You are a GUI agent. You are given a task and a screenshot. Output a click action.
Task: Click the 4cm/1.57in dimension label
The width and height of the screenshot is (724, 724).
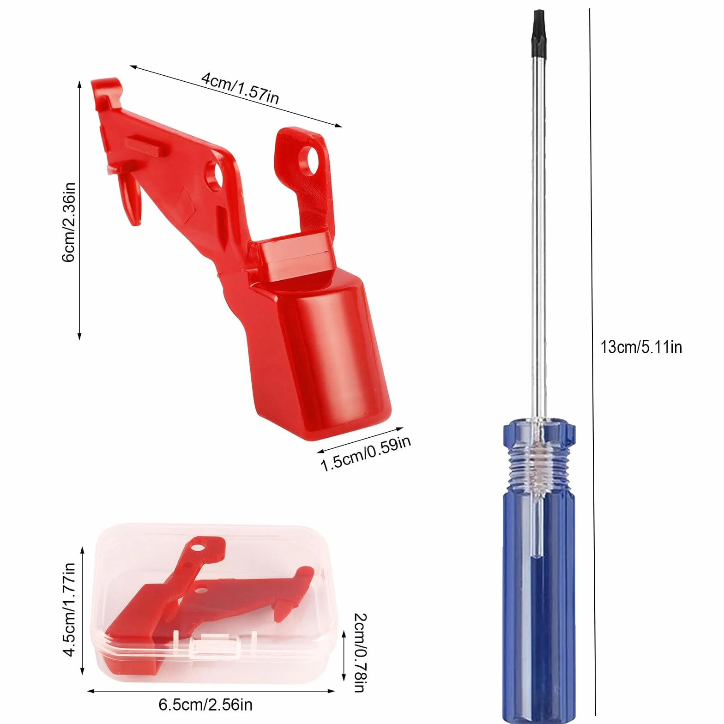240,87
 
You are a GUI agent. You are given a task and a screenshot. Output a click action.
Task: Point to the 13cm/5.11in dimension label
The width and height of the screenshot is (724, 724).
641,347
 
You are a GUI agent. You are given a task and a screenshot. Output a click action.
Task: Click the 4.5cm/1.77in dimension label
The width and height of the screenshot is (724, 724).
69,609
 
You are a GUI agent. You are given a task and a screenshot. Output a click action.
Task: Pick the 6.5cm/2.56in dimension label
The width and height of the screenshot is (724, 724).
205,705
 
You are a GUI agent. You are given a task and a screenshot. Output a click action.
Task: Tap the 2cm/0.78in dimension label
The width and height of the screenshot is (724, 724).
360,652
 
